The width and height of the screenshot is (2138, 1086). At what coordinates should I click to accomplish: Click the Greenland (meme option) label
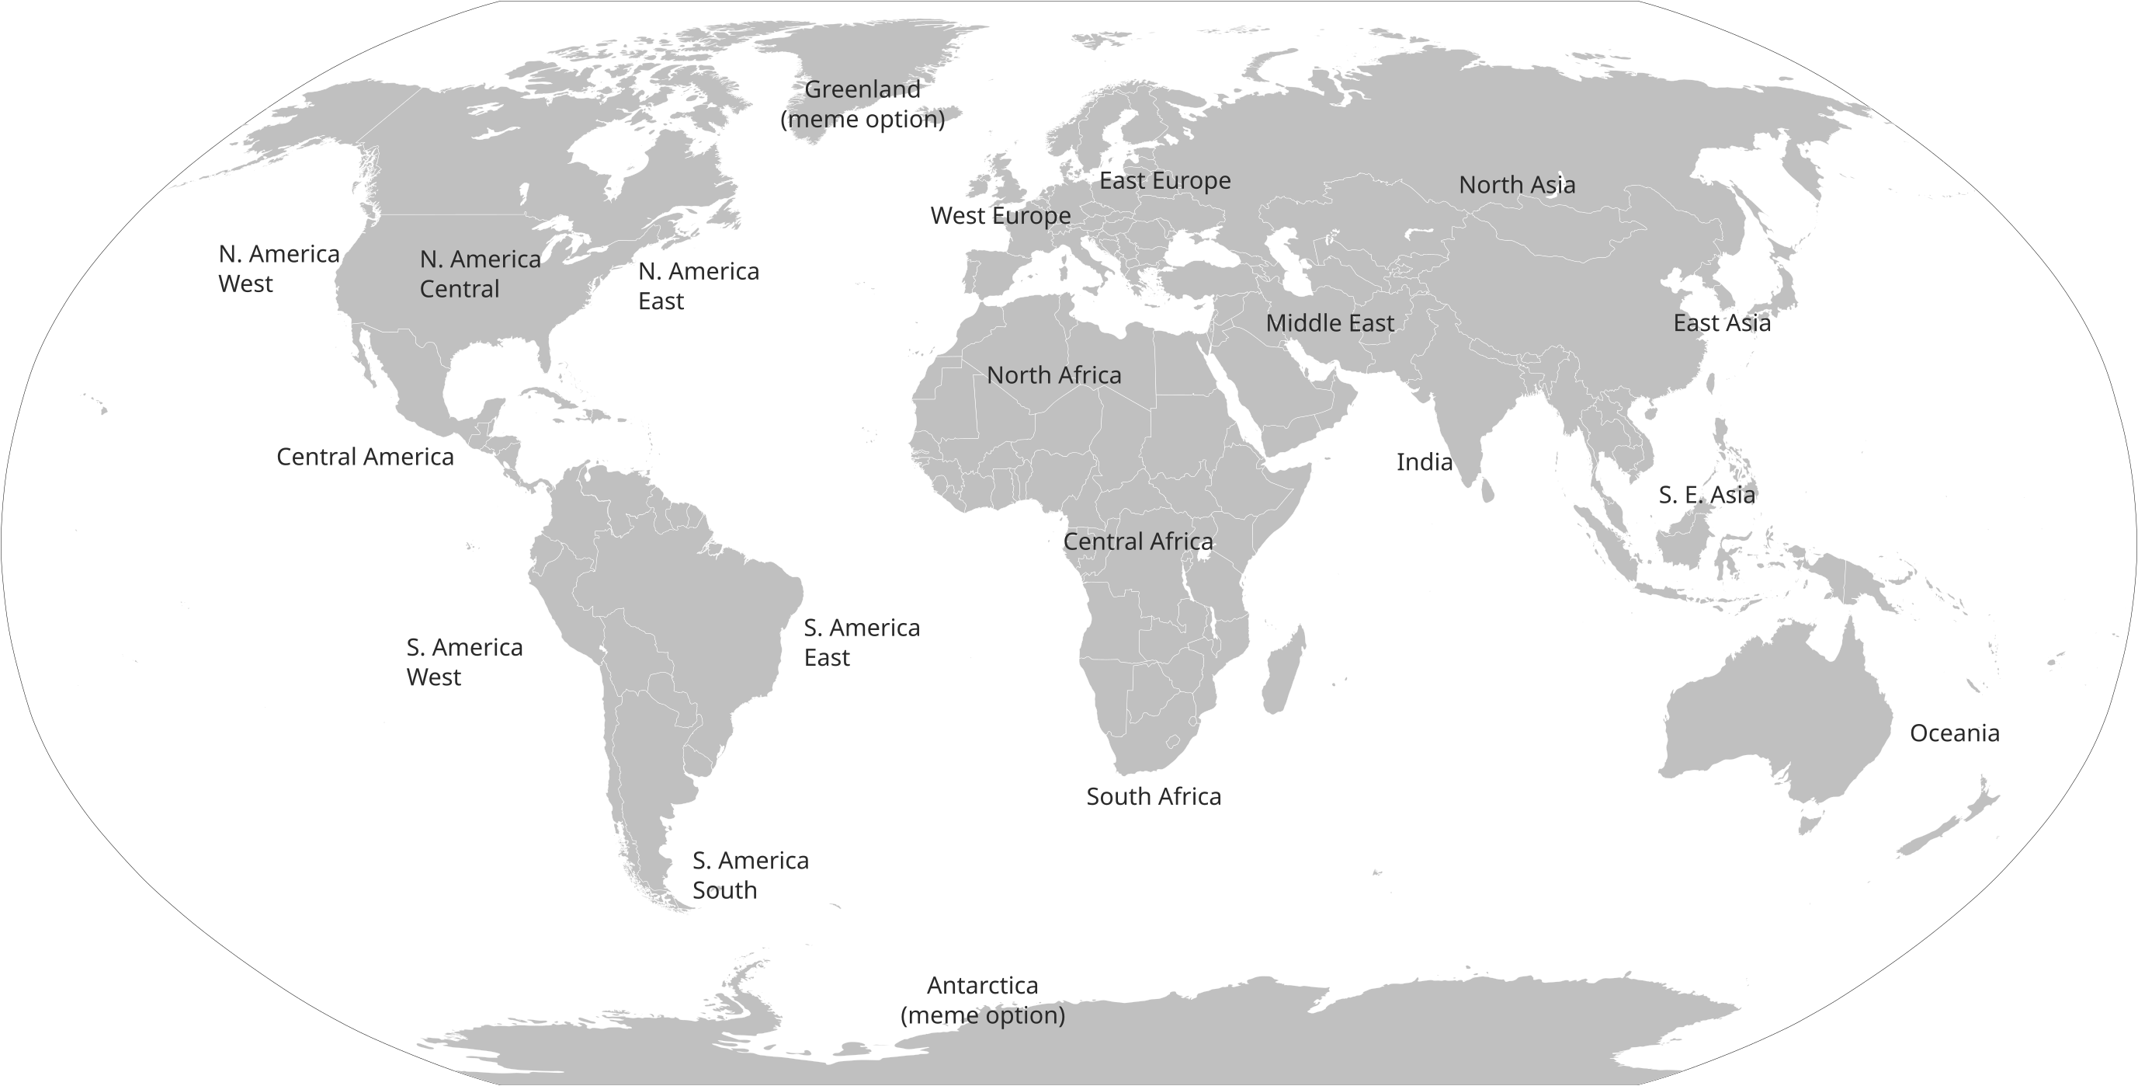[862, 104]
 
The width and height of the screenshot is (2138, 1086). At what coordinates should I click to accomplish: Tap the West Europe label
[1000, 216]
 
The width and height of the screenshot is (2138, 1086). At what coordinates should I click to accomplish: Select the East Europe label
[1164, 181]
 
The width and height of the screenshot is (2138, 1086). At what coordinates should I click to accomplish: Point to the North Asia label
[1516, 185]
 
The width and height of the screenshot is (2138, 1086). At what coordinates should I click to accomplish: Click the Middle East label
[1329, 323]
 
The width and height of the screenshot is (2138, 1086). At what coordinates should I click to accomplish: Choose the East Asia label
[1721, 323]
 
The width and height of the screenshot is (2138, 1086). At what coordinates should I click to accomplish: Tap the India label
[1425, 462]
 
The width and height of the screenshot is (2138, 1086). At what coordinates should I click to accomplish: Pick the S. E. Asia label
[1706, 495]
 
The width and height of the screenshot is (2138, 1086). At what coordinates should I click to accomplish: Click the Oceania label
[1954, 733]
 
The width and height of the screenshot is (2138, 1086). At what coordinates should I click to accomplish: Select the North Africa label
[1053, 375]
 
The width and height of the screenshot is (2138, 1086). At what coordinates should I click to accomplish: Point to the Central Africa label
[1137, 542]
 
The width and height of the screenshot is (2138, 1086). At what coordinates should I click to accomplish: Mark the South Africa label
[1153, 797]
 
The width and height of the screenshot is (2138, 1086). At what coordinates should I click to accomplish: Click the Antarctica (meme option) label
[982, 1001]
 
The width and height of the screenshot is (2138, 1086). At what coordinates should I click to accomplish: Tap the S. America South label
[749, 875]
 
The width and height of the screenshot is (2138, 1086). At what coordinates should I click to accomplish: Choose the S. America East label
[861, 642]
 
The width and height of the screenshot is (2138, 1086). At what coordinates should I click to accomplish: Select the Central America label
[364, 457]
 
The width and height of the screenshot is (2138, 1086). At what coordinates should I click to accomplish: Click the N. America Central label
[479, 274]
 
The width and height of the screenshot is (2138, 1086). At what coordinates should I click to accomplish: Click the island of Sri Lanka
[1487, 491]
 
